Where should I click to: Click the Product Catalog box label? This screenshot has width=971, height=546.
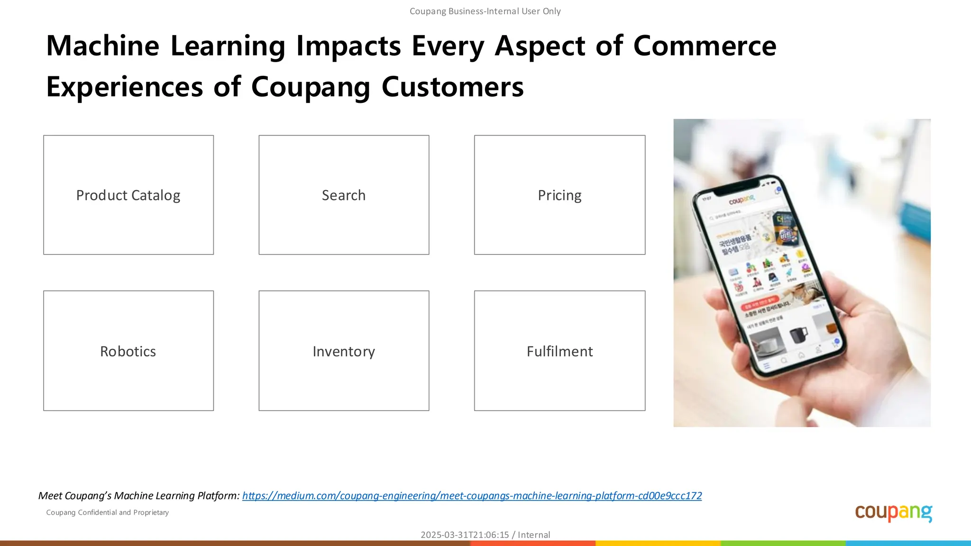(128, 195)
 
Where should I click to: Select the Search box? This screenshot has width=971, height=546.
(344, 195)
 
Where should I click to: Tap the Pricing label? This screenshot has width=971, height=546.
(559, 195)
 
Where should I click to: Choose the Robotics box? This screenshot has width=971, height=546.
(128, 351)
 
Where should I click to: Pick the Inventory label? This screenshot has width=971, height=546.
(344, 351)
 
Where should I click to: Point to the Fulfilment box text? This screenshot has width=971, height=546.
(559, 351)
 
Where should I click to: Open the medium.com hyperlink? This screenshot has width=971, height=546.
(472, 496)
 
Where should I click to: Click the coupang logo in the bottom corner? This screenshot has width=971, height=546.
(893, 512)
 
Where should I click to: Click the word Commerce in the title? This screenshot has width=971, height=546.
(705, 46)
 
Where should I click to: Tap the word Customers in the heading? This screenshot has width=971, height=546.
(452, 87)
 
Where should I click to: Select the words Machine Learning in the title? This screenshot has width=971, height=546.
(166, 46)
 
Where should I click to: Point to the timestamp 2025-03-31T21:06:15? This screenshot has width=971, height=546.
(465, 535)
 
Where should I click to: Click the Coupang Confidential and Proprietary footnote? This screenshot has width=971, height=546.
(108, 512)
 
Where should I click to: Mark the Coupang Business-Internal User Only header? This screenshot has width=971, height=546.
(485, 11)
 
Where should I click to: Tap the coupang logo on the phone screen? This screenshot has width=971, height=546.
(741, 200)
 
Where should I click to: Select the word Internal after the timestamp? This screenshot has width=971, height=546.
(534, 535)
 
